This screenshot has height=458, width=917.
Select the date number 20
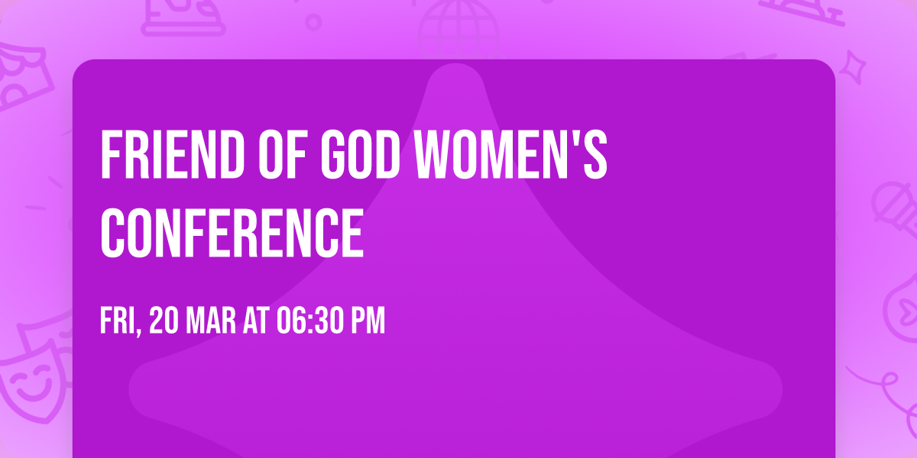pos(164,321)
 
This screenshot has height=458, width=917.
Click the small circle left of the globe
pos(313,22)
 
